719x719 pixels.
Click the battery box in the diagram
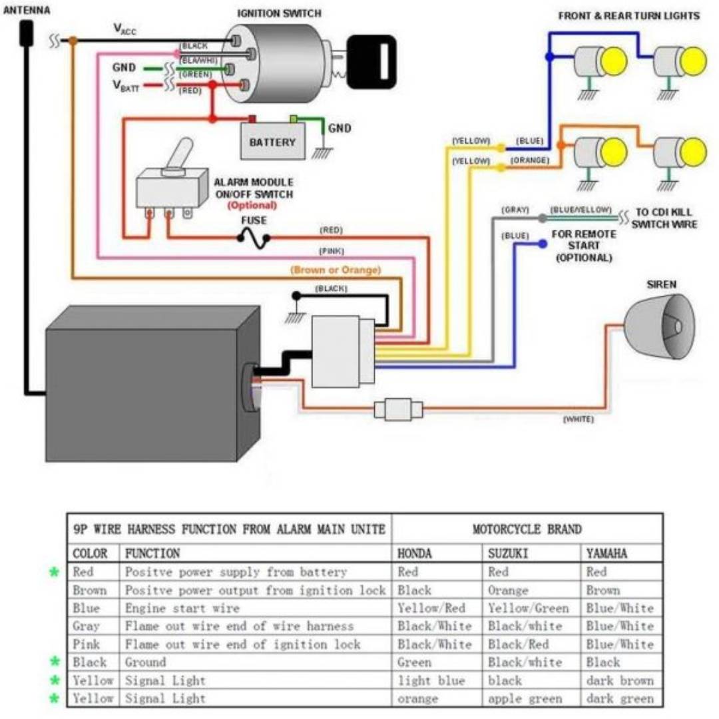pyautogui.click(x=273, y=141)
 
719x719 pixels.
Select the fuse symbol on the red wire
pyautogui.click(x=253, y=238)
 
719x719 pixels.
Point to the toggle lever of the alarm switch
pyautogui.click(x=180, y=154)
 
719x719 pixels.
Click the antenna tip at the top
pyautogui.click(x=27, y=31)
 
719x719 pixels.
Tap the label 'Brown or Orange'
pyautogui.click(x=336, y=270)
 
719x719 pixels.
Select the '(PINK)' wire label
pyautogui.click(x=331, y=252)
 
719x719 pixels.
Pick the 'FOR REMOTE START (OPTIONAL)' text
pyautogui.click(x=583, y=246)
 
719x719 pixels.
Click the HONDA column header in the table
pyautogui.click(x=414, y=553)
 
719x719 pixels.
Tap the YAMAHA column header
pyautogui.click(x=606, y=553)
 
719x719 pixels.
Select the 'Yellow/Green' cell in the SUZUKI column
pyautogui.click(x=528, y=608)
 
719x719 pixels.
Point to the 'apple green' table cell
pyautogui.click(x=525, y=698)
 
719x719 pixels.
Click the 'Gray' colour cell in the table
pyautogui.click(x=86, y=626)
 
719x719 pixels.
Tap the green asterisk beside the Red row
pyautogui.click(x=55, y=572)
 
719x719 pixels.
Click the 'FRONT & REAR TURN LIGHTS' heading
pyautogui.click(x=628, y=15)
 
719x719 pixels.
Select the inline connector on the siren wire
pyautogui.click(x=398, y=409)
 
